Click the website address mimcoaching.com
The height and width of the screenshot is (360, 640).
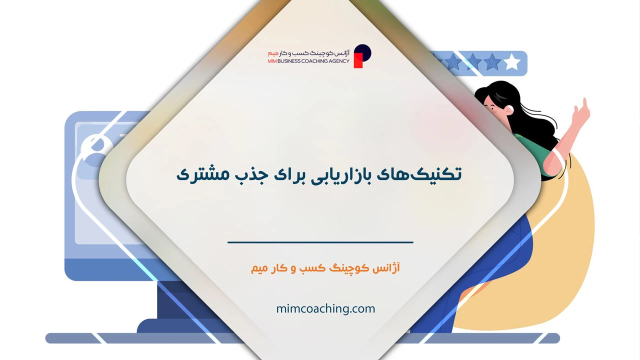[x=325, y=308]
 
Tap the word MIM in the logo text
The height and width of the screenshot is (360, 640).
[x=272, y=61]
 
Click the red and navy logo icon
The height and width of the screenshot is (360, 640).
[x=362, y=55]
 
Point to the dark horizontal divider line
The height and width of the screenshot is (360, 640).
[x=320, y=242]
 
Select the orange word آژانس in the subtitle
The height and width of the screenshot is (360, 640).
[x=387, y=268]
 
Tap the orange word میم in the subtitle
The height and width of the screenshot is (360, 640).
[x=260, y=268]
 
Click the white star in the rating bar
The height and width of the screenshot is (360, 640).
[x=512, y=63]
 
